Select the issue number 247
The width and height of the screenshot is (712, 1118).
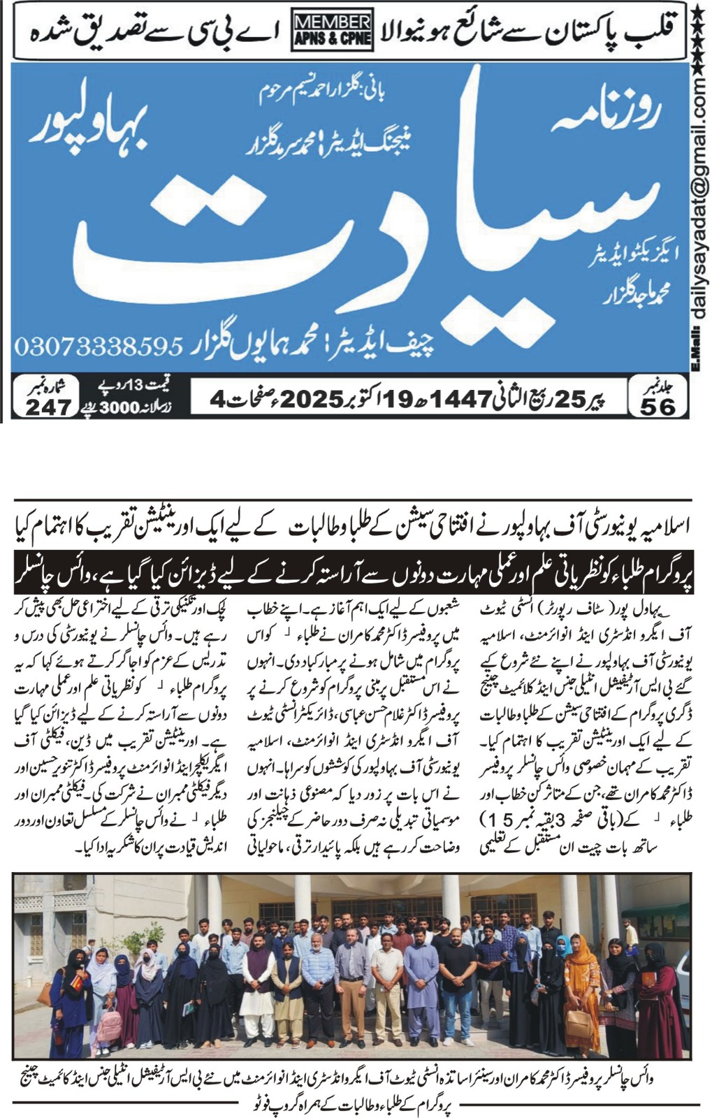tap(49, 407)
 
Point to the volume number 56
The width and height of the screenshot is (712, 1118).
tap(656, 406)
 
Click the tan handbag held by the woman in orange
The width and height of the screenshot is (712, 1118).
tap(578, 1022)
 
